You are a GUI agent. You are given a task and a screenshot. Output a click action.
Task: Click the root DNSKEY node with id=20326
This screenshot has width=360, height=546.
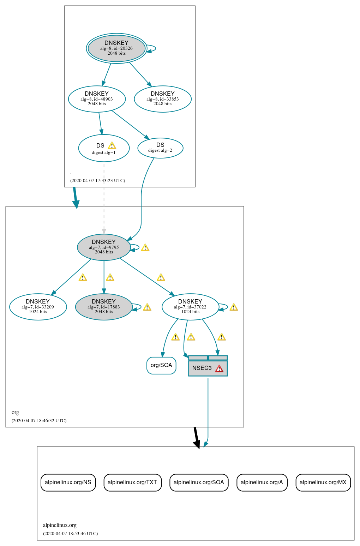[x=116, y=48]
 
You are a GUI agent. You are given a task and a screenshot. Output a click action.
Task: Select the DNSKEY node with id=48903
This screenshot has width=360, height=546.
[x=97, y=99]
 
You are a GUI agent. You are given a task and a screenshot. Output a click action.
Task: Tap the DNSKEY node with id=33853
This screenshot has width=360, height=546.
[x=162, y=99]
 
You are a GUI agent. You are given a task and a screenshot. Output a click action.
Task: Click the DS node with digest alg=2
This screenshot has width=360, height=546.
[x=160, y=148]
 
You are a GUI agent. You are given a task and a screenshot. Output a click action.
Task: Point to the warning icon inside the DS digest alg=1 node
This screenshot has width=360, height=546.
[x=112, y=145]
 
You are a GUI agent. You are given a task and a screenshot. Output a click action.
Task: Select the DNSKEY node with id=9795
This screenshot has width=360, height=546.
[x=104, y=247]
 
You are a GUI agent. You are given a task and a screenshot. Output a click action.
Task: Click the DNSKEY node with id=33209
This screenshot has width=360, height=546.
[x=38, y=307]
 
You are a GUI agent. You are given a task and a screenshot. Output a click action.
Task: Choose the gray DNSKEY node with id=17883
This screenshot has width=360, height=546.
[x=104, y=307]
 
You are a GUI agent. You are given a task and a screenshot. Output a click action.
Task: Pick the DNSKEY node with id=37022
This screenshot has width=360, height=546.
[x=190, y=307]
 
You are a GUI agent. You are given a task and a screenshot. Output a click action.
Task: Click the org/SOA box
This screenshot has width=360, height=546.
[x=161, y=365]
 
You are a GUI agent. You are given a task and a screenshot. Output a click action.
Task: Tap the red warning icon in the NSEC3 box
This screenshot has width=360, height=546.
[x=219, y=369]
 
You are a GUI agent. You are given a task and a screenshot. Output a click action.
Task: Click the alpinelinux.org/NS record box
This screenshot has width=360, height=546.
[x=68, y=482]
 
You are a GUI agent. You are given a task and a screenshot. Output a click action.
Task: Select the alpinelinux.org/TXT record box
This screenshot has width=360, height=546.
[x=132, y=482]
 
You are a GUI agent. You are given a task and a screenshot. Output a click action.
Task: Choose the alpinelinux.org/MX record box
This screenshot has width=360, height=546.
[x=323, y=482]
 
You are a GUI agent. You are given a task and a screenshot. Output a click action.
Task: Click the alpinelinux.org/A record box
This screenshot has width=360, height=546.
[x=262, y=482]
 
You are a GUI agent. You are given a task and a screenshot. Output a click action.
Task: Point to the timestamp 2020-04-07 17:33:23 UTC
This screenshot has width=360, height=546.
[x=97, y=181]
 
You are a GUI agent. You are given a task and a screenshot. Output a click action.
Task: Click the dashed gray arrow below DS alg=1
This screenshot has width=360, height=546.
[x=104, y=198]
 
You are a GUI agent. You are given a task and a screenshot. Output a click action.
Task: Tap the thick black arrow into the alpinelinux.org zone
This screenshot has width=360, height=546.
[x=196, y=438]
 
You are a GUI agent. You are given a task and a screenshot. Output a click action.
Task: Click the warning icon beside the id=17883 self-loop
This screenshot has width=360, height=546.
[x=147, y=307]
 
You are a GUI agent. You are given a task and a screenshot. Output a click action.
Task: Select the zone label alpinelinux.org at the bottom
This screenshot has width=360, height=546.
[x=60, y=525]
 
